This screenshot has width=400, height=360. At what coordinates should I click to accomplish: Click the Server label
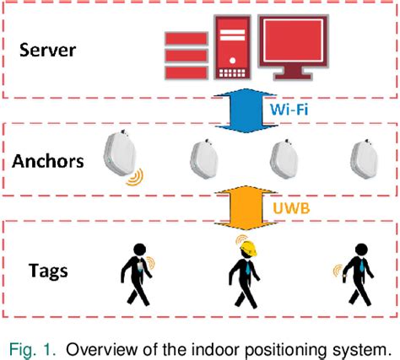(50, 50)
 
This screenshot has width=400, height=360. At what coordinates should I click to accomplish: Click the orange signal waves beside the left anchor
(134, 176)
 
